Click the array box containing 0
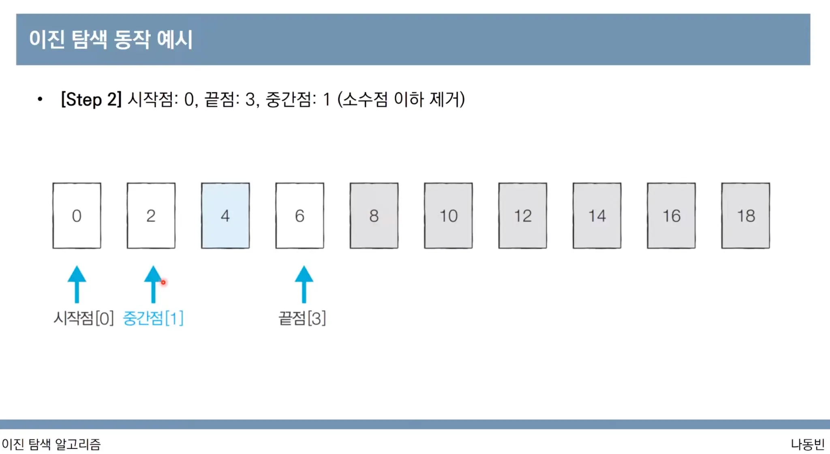point(77,215)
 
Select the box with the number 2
point(151,215)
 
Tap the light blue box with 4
point(225,215)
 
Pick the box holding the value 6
point(299,215)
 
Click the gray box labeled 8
point(374,215)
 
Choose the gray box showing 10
point(448,215)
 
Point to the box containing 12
point(522,215)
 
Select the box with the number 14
point(597,215)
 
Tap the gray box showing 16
point(671,215)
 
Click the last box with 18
point(745,215)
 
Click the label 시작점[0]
point(83,318)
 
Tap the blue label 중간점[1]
point(153,318)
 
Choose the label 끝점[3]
point(302,318)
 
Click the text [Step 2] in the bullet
point(91,99)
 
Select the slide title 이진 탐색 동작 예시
point(111,39)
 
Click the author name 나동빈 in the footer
point(807,444)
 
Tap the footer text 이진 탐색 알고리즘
point(51,444)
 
